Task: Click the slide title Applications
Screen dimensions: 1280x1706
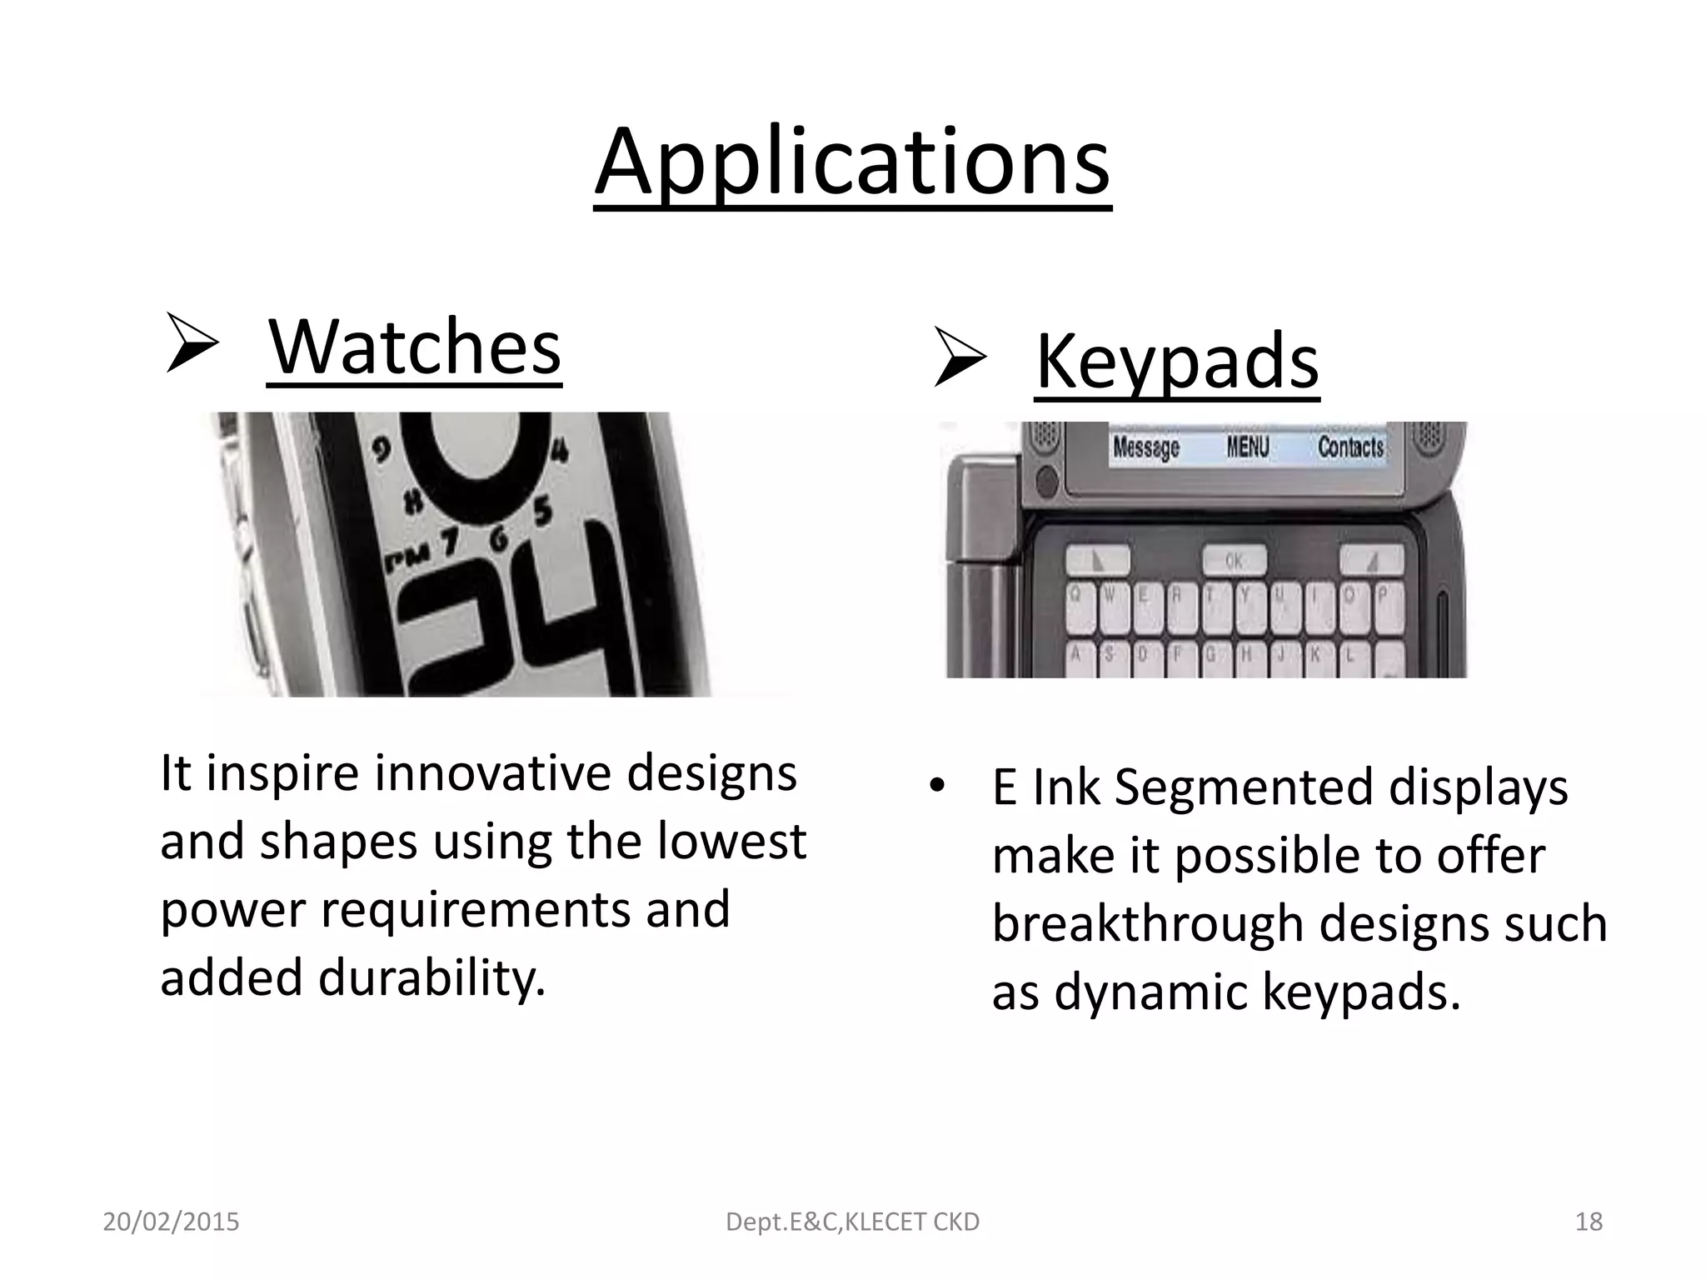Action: coord(852,162)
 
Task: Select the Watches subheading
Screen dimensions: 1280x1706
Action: coord(414,347)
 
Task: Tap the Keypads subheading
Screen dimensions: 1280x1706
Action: coord(1176,362)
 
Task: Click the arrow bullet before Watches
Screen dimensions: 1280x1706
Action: coord(191,342)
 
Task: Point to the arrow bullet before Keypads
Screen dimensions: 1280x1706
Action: coord(959,357)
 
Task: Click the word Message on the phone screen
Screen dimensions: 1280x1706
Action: coord(1146,447)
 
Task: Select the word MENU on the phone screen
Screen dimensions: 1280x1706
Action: coord(1247,447)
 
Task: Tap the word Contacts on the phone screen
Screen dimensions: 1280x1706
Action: coord(1350,447)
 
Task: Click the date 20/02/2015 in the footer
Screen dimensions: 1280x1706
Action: coord(171,1222)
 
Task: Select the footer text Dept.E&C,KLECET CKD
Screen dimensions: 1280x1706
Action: coord(852,1222)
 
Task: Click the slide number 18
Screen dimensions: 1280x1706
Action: coord(1589,1222)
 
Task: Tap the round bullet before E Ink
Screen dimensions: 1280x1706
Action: coord(938,787)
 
